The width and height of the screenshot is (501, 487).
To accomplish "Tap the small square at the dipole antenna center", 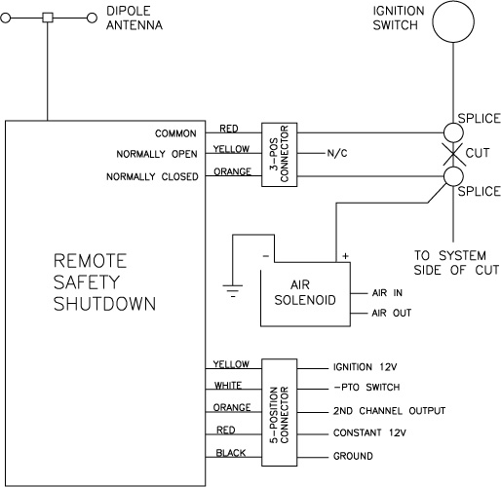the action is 48,18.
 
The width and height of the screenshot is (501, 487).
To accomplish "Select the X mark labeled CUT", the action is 453,154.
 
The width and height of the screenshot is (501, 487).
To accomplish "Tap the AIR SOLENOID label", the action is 305,292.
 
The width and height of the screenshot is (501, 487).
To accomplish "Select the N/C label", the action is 337,153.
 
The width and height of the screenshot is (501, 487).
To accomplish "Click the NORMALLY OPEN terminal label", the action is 157,154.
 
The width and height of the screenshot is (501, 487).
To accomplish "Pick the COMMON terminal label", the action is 175,133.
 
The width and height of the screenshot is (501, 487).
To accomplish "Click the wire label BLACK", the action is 231,453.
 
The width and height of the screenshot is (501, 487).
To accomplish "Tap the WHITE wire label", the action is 228,386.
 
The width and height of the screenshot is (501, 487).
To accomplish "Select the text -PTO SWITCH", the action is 366,387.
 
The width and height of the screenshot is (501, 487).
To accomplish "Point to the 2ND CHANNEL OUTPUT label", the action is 389,411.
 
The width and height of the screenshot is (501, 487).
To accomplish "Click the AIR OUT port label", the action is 392,313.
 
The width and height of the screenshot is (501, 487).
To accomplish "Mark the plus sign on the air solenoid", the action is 345,256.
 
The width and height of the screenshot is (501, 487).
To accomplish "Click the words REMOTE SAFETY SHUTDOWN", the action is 104,282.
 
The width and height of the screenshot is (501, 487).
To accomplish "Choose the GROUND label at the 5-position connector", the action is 353,456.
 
